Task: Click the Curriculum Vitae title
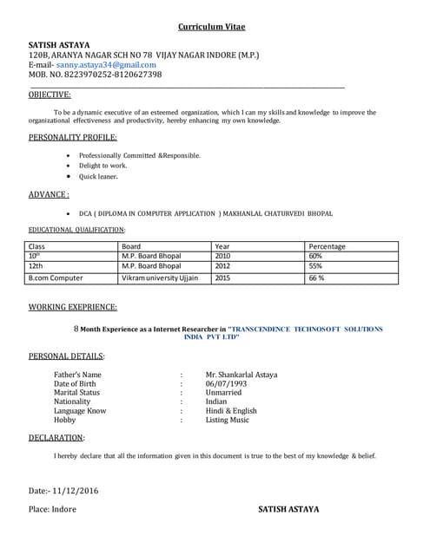coord(215,26)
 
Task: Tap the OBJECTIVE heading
coord(50,95)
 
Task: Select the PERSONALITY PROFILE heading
coord(73,137)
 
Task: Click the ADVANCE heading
coord(49,194)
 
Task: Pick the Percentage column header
coord(327,246)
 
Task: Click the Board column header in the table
coord(132,246)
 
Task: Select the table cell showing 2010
coord(223,256)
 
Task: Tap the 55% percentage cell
coord(315,266)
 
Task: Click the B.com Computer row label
coord(56,278)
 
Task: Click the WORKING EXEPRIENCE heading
coord(73,307)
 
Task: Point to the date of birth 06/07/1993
coord(226,383)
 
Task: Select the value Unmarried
coord(223,393)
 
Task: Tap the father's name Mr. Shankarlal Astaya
coord(241,375)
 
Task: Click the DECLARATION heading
coord(56,438)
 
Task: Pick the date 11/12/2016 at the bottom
coord(76,491)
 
